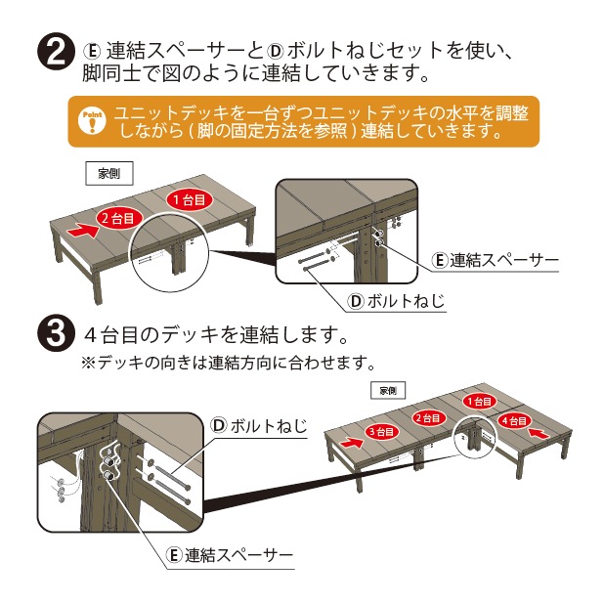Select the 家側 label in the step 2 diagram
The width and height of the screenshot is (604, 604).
tap(108, 173)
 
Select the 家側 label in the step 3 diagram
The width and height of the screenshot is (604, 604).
tap(387, 390)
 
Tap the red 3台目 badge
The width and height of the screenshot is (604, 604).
tap(380, 431)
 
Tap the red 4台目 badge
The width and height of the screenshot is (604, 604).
tap(513, 419)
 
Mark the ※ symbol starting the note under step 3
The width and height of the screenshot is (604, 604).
tap(87, 363)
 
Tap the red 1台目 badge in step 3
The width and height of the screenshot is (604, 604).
tap(478, 402)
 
